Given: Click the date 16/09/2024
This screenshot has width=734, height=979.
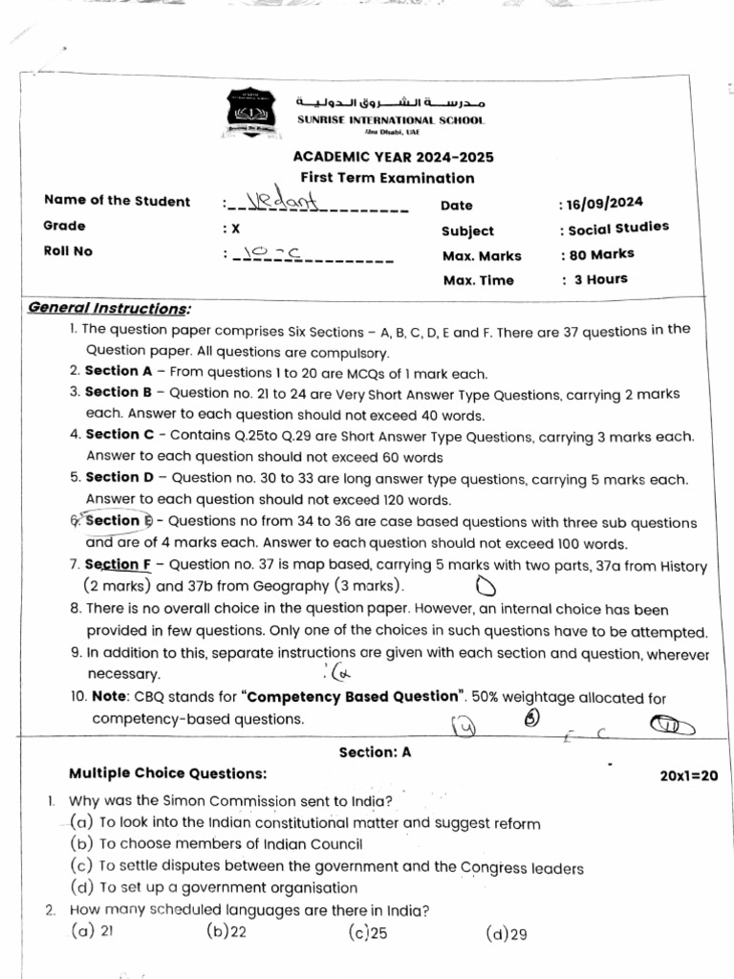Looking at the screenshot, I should pyautogui.click(x=605, y=203).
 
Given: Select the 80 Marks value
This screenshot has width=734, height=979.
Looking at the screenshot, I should pyautogui.click(x=601, y=254).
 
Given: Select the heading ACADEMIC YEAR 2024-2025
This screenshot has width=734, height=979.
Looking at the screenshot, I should pyautogui.click(x=393, y=158).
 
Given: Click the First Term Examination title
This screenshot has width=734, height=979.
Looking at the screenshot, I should pyautogui.click(x=387, y=178).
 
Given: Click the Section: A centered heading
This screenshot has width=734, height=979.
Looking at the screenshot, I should pyautogui.click(x=375, y=751).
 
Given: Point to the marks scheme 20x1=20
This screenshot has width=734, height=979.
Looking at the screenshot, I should pyautogui.click(x=688, y=775).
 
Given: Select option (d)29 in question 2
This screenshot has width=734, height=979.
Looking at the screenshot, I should pyautogui.click(x=507, y=934).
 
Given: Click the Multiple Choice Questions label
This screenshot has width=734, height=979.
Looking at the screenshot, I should pyautogui.click(x=168, y=772).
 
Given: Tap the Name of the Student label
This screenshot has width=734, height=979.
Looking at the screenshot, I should pyautogui.click(x=117, y=201).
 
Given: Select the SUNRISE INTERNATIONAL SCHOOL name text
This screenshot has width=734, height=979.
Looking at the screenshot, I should pyautogui.click(x=390, y=120).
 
